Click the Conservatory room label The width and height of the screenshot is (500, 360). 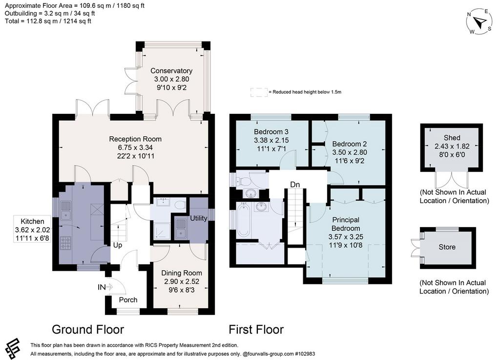[171, 71]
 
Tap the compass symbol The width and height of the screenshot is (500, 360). [479, 21]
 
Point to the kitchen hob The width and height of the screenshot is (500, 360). [65, 243]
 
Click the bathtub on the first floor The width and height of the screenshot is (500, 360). [244, 220]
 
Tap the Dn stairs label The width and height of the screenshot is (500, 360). [295, 184]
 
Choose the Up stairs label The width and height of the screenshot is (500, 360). [118, 245]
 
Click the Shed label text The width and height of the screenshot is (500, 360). [452, 138]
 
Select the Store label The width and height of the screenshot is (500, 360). [447, 247]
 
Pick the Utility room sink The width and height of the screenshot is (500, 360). [181, 229]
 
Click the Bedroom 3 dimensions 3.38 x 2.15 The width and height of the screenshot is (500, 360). [271, 140]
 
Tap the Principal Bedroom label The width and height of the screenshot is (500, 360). [346, 224]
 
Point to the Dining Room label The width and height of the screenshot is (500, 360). [182, 273]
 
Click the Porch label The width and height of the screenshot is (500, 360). [128, 300]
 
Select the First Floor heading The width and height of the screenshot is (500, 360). [256, 329]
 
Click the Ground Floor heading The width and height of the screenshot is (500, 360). [88, 329]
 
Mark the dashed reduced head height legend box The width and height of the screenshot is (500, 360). [259, 92]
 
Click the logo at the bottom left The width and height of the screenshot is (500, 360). [12, 348]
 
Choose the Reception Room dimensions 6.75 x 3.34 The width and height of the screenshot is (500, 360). [135, 148]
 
